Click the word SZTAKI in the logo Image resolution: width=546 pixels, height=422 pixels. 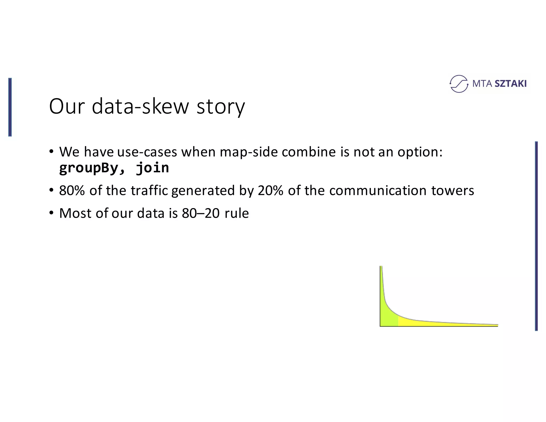510,84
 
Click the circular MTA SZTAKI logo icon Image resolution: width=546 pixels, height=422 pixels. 459,84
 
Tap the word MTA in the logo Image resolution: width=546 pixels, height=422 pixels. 482,84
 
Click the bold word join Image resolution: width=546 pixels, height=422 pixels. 152,168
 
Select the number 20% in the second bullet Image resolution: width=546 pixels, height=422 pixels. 270,190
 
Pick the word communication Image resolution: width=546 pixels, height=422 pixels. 378,190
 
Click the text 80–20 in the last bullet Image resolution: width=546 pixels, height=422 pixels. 200,213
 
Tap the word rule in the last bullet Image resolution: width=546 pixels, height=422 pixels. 236,213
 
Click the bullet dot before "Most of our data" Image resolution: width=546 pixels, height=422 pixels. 51,213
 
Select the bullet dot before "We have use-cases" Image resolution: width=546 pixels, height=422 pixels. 51,152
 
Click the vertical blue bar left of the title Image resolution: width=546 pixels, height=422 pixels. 10,107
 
